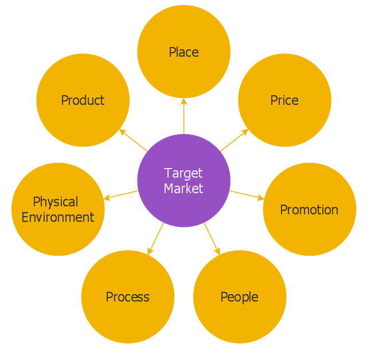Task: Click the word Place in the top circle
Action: [183, 52]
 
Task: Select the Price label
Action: [284, 100]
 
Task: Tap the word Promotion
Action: [309, 210]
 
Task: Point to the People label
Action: [239, 297]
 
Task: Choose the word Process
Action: [127, 297]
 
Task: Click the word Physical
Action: [56, 202]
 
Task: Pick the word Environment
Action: [58, 217]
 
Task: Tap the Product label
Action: [83, 100]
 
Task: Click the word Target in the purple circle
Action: [183, 173]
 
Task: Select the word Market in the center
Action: [183, 188]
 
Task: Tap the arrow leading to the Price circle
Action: [235, 140]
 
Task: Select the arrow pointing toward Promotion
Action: [247, 195]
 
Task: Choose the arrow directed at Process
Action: [155, 238]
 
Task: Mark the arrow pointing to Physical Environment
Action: [120, 195]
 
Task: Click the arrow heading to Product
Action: [133, 140]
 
